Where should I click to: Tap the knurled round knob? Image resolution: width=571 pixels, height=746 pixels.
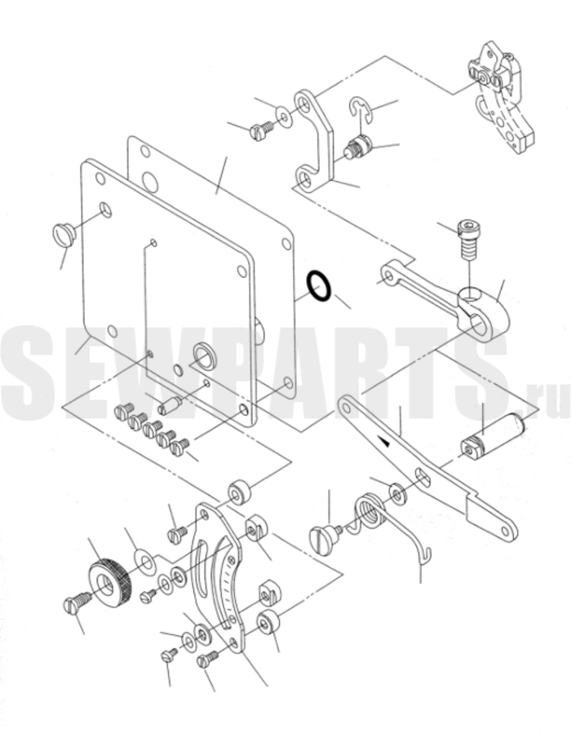point(108,580)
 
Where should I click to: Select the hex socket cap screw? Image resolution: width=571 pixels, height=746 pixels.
point(469,240)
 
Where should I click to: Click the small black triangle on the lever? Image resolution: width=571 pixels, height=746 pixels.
point(386,443)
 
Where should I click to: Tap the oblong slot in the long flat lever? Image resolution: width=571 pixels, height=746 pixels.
point(423,478)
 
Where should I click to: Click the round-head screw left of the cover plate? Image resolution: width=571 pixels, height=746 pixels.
point(64,234)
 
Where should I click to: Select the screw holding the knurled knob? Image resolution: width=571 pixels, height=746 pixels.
point(77,603)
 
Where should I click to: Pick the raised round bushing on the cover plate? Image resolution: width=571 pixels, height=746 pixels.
point(205,355)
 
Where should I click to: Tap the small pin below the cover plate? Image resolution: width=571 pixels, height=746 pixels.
point(170,406)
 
